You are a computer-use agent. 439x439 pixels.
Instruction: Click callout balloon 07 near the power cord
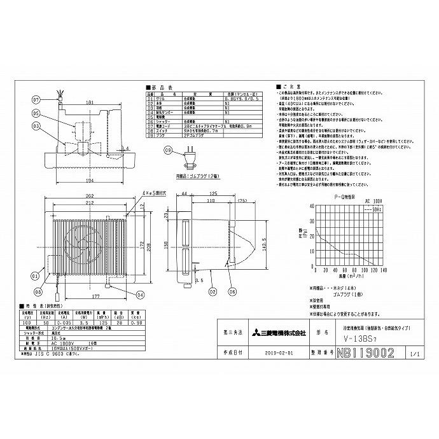tap(36, 100)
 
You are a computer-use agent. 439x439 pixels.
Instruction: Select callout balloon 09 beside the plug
tap(167, 151)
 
